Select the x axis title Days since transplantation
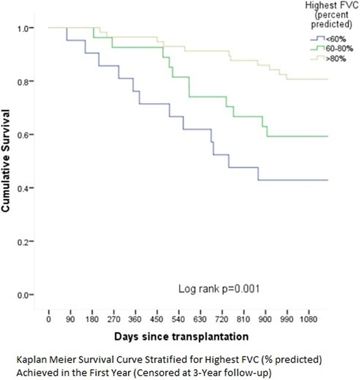click(181, 336)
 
